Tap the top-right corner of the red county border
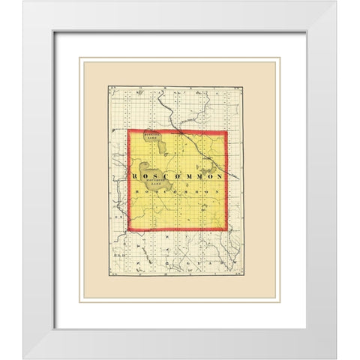(x=226, y=133)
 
